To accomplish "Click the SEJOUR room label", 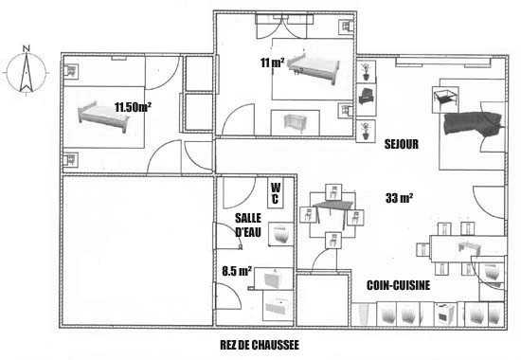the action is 402,144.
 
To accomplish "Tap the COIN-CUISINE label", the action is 399,285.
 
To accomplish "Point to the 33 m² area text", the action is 400,198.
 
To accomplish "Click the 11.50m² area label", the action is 133,107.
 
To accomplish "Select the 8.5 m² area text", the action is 237,271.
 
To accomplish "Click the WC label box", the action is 276,193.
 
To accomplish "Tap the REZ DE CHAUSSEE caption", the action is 260,345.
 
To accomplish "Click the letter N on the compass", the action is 27,48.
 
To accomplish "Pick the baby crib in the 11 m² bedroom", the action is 295,123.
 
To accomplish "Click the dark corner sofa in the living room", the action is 473,124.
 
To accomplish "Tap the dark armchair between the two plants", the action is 366,96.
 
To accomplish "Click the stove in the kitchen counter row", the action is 444,315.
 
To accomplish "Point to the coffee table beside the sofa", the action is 445,99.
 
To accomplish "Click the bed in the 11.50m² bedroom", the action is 103,117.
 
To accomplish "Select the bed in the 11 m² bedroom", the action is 314,68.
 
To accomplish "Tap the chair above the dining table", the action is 333,192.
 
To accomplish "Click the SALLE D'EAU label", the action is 248,225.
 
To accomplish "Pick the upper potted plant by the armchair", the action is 366,71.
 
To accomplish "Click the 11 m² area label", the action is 273,63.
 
